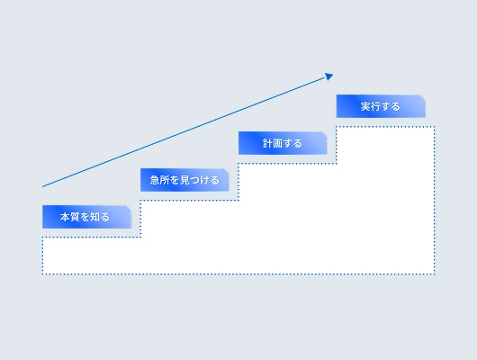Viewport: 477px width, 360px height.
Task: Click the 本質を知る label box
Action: click(86, 217)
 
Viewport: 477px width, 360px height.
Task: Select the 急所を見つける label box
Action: click(184, 180)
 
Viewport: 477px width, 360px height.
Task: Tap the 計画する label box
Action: click(283, 143)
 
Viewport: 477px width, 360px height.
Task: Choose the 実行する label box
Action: click(381, 106)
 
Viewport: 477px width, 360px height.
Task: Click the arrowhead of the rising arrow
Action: click(328, 76)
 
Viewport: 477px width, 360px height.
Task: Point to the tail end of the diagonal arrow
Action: click(42, 186)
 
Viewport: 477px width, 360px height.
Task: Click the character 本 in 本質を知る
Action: click(65, 217)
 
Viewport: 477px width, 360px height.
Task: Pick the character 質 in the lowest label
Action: click(75, 217)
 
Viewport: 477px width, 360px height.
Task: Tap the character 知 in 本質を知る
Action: click(94, 217)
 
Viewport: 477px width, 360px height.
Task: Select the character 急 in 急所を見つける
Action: click(155, 180)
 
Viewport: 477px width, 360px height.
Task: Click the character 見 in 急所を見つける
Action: click(185, 180)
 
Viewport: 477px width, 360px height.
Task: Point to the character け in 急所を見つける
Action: click(204, 180)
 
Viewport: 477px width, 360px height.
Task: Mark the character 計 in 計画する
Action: click(267, 143)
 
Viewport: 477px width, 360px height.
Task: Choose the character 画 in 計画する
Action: click(278, 143)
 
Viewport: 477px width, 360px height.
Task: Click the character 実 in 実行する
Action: click(365, 106)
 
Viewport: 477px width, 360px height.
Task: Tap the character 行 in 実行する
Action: click(375, 106)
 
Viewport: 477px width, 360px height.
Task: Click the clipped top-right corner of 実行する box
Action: click(423, 97)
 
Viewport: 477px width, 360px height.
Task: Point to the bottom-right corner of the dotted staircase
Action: click(435, 274)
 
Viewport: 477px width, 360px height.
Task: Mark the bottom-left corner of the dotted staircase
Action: click(42, 274)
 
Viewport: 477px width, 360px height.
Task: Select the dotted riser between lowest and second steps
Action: click(140, 219)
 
